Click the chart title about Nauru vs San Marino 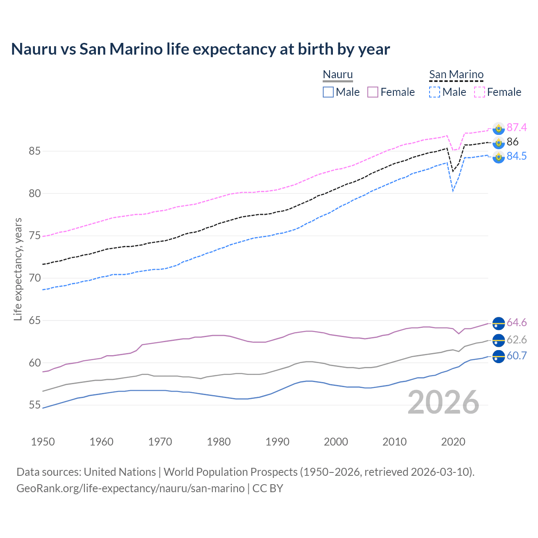(200, 49)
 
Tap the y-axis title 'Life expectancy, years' (18, 269)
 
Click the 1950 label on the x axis (43, 442)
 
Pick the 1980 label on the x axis (219, 442)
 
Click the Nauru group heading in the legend (338, 75)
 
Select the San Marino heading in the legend (456, 75)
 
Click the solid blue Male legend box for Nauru (328, 92)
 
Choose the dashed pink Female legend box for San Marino (480, 92)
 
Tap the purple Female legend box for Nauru (373, 92)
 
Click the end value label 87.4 (517, 127)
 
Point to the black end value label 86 (512, 142)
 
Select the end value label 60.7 (517, 356)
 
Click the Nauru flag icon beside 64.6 (498, 323)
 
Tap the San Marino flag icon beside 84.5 (498, 157)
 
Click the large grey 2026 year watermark (443, 402)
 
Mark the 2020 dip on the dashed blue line (453, 191)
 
